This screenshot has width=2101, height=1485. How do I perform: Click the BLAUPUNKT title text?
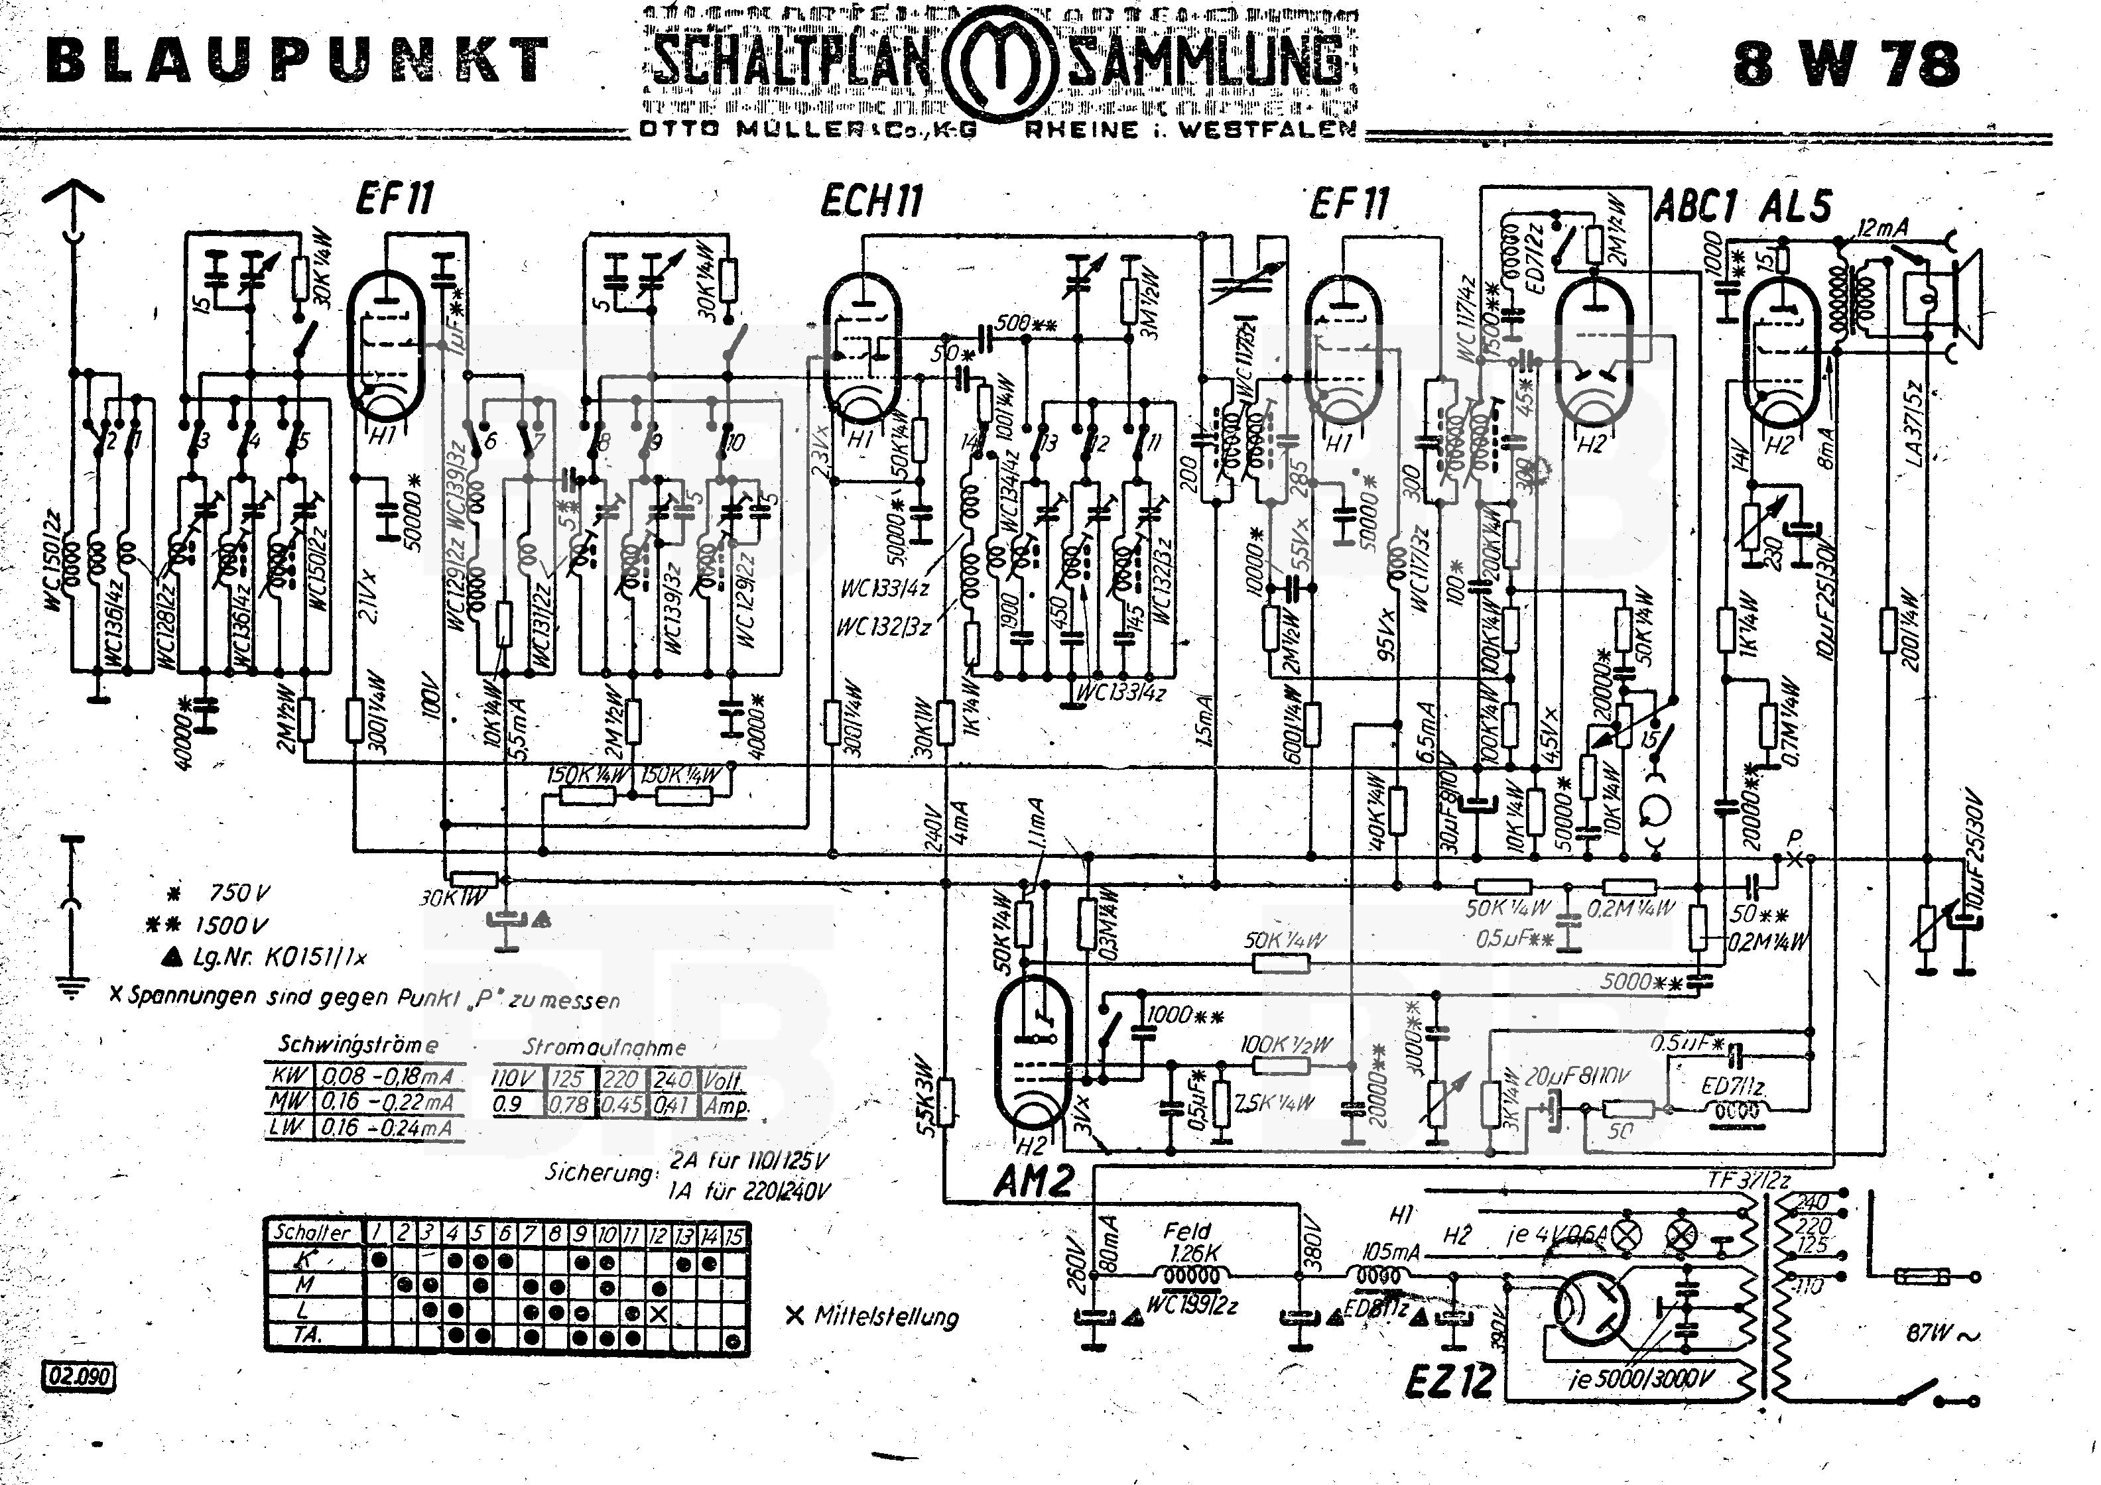pos(297,60)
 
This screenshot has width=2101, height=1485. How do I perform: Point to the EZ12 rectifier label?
pos(1450,1381)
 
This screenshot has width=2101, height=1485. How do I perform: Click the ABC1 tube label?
pos(1696,208)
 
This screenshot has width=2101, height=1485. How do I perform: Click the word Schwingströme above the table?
pos(357,1044)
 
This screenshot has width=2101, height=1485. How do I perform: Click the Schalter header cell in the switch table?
pos(312,1232)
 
